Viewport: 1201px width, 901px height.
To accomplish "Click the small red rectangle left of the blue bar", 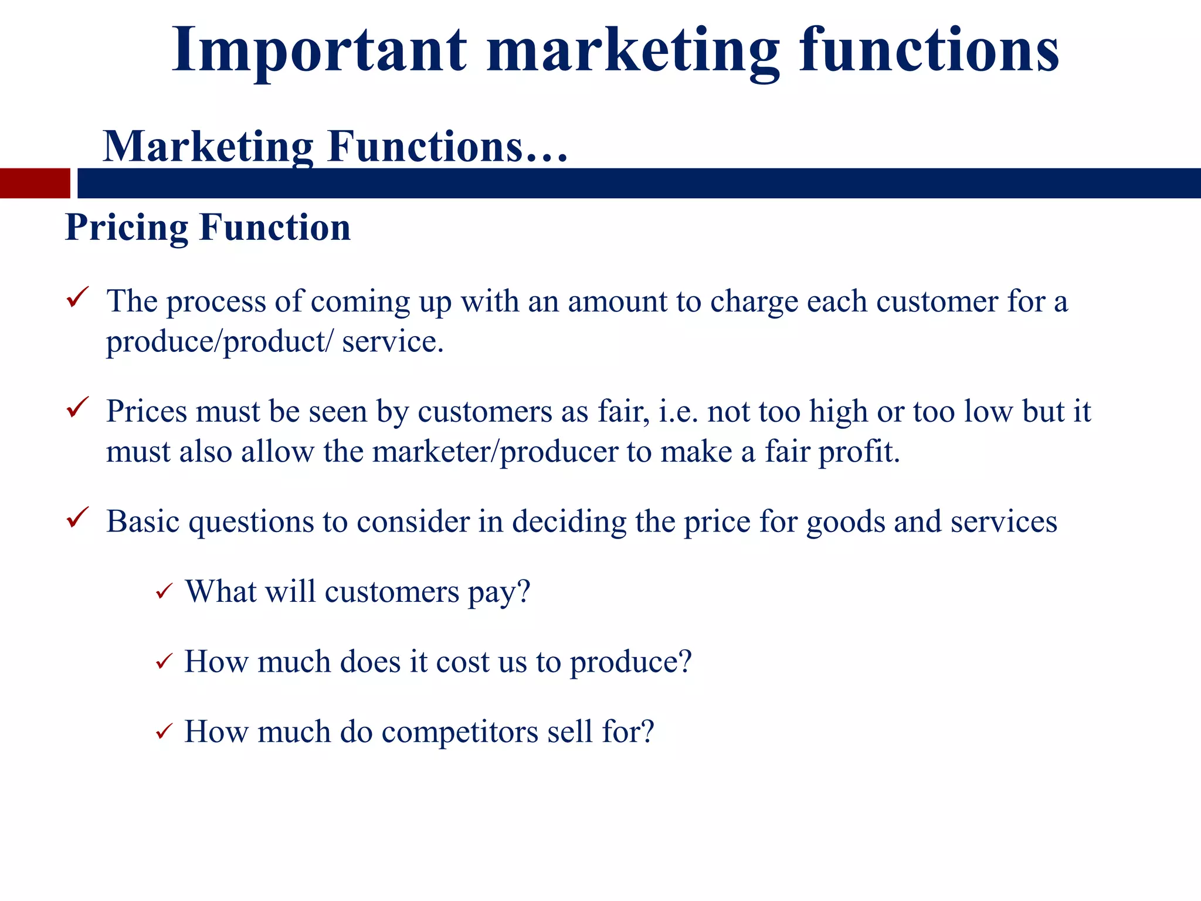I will [x=35, y=183].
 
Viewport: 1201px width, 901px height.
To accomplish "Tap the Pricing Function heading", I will [x=208, y=228].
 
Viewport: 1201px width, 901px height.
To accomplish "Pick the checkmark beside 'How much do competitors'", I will [x=164, y=731].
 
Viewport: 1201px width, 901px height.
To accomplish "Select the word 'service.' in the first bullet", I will [x=393, y=342].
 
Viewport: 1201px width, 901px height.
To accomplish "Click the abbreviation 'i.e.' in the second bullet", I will [x=678, y=412].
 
